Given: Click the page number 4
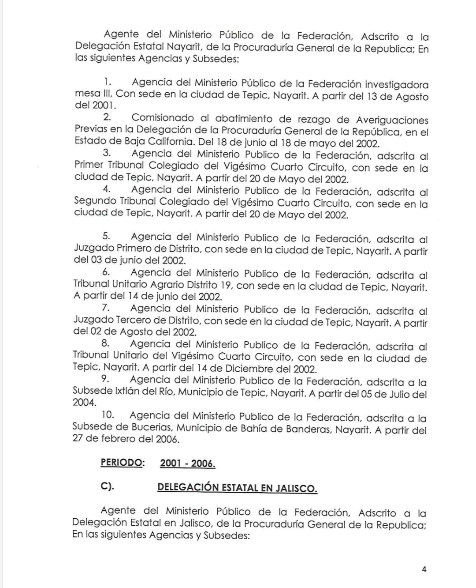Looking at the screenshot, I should pos(424,569).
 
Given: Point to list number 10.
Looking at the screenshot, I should pos(108,415).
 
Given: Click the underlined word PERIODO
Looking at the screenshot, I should pos(122,463).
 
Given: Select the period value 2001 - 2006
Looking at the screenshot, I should pos(188,464).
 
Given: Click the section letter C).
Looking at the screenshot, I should pos(107,487).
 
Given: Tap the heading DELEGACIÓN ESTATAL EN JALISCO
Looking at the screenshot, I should pos(237,488).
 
